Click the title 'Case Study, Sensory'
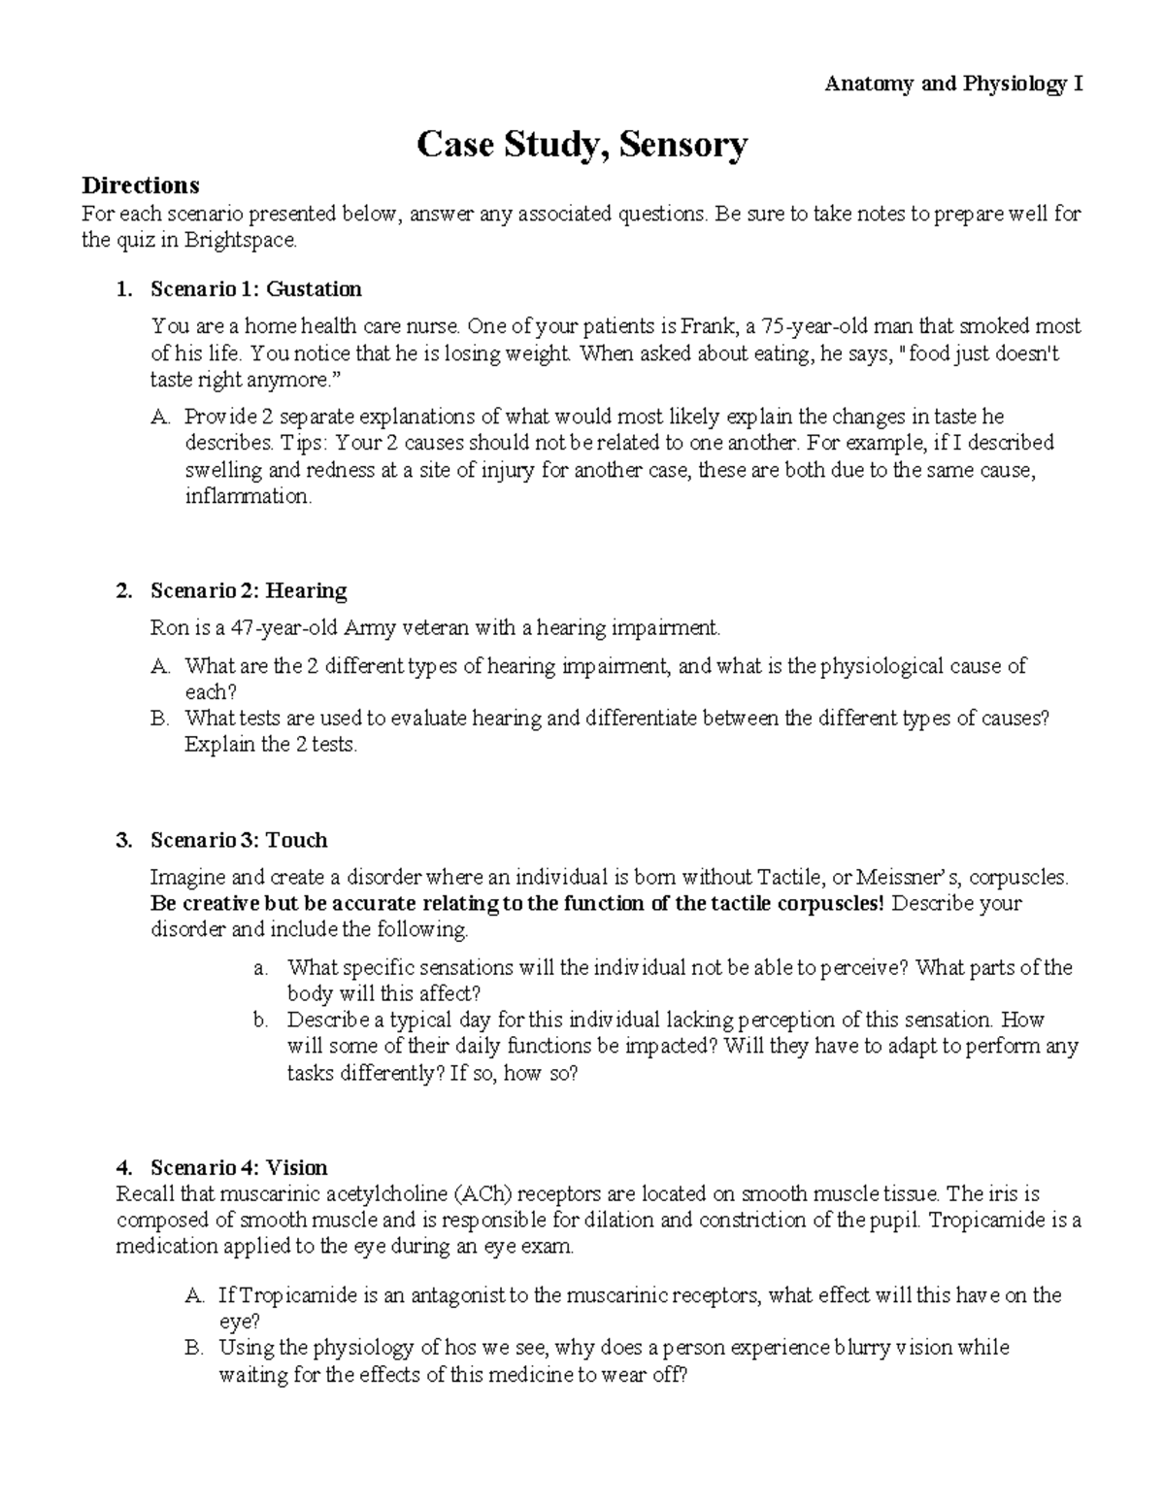[x=582, y=145]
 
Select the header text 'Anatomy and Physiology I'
[x=953, y=84]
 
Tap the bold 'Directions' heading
[x=141, y=184]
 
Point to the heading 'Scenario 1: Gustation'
[x=256, y=289]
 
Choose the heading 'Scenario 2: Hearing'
[x=249, y=590]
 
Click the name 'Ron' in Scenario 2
[x=168, y=627]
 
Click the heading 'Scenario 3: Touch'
[x=239, y=840]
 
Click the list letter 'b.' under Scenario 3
[x=259, y=1021]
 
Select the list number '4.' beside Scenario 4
[x=123, y=1167]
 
